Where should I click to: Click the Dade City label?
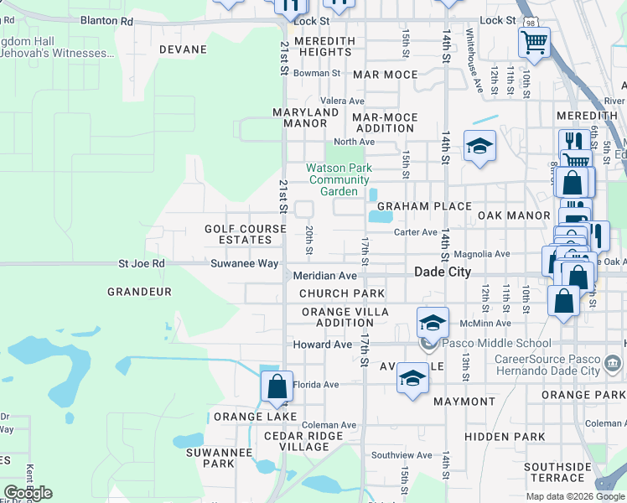[443, 272]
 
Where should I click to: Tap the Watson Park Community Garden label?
[339, 179]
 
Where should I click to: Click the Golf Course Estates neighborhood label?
[239, 234]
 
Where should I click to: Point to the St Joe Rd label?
[142, 263]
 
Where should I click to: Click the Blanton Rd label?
[106, 20]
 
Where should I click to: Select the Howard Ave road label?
[322, 345]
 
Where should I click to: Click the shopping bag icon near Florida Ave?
[277, 387]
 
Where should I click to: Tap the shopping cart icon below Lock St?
[534, 39]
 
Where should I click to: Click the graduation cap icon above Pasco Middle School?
[432, 322]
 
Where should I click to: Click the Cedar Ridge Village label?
[303, 441]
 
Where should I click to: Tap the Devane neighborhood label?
[182, 49]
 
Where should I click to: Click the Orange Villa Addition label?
[345, 317]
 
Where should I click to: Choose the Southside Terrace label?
[556, 472]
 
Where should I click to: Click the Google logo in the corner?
[28, 493]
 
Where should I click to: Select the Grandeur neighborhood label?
[139, 292]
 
